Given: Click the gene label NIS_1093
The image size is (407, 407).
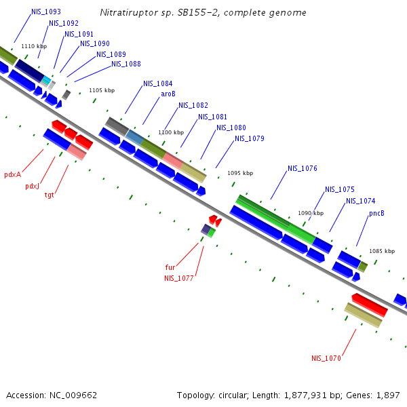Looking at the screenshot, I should pos(45,12).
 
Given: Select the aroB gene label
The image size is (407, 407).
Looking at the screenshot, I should pos(168,94).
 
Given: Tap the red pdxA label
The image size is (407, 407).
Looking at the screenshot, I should pos(12,174).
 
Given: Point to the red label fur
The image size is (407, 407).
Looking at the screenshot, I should pos(170,267).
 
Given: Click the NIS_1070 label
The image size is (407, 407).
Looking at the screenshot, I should pos(326,358).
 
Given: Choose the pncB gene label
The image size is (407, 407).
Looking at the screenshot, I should pos(376,213).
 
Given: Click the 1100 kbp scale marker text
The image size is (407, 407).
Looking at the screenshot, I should pos(171,133).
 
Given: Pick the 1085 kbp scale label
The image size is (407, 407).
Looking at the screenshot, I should pos(382,251).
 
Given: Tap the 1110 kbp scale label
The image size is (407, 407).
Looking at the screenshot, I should pos(34,46).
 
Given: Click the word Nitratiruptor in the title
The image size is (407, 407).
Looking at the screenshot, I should pos(128,13).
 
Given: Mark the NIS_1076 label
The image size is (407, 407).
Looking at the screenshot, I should pos(302,168).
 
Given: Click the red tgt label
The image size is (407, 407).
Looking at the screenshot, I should pos(50,195).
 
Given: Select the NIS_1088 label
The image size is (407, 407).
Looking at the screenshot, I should pos(126,64).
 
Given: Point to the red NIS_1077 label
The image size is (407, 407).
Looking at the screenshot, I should pos(178,278).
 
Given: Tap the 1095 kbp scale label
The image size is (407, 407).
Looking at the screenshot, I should pos(240,173).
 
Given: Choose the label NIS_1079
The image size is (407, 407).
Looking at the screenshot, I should pos(249,139).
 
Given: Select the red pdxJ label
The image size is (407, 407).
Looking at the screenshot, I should pos(32,186).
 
